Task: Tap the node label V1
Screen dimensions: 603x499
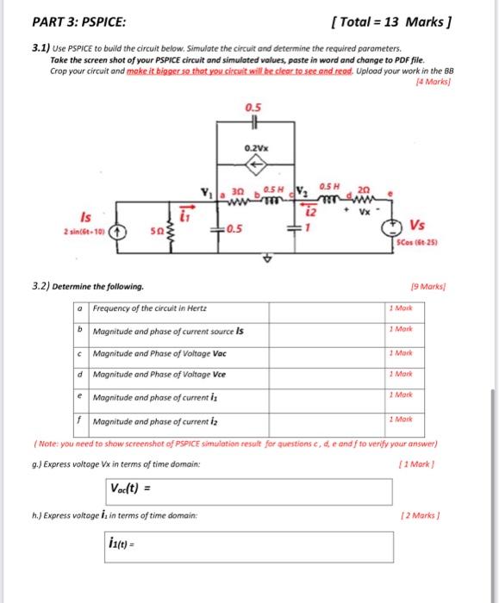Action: click(205, 191)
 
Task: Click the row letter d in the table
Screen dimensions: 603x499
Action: click(79, 374)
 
